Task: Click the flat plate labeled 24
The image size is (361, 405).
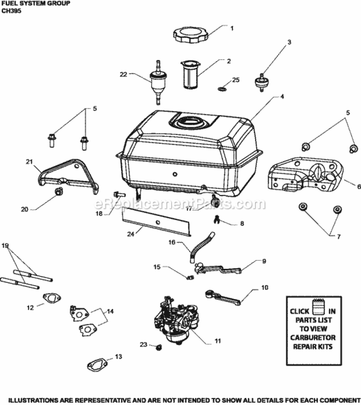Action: click(156, 223)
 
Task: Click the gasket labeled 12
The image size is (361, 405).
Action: click(52, 299)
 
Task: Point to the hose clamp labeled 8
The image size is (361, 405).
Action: click(217, 219)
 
